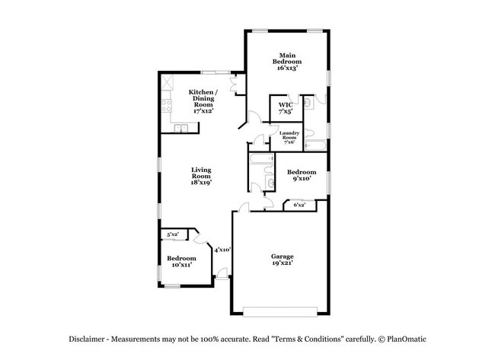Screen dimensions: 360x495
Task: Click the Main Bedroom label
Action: [x=287, y=61]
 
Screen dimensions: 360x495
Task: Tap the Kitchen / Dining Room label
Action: [x=201, y=100]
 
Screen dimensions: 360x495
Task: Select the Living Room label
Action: [x=201, y=176]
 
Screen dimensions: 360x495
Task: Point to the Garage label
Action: [x=282, y=260]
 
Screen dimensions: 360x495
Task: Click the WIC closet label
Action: [x=286, y=108]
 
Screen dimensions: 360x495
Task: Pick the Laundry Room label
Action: [x=289, y=137]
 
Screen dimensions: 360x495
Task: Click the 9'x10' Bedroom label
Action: [x=301, y=176]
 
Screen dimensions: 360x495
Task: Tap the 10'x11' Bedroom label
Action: [x=181, y=261]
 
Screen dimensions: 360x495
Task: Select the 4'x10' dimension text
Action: [x=222, y=249]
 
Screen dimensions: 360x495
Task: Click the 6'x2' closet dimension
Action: [x=299, y=205]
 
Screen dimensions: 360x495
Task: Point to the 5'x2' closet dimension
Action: [x=174, y=234]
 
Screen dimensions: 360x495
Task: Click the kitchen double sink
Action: [x=182, y=128]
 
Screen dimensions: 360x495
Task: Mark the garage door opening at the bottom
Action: [x=281, y=311]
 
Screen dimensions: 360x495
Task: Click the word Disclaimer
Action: [x=83, y=339]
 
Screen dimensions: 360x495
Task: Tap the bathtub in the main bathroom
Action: [x=317, y=144]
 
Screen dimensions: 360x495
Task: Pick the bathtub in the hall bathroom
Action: [x=260, y=160]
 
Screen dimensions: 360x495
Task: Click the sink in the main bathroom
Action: [x=308, y=103]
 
